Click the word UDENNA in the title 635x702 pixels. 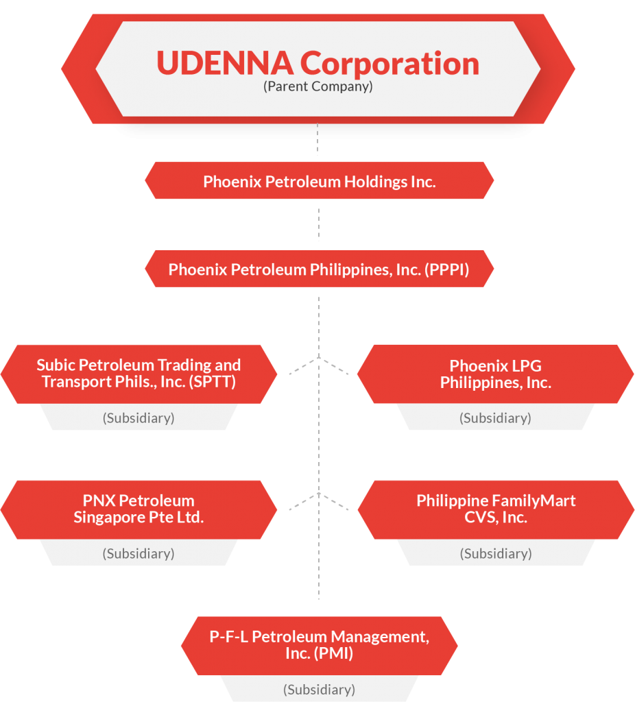[x=225, y=64]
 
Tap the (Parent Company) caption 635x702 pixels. [x=318, y=87]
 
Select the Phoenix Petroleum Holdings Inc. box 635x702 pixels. [x=319, y=182]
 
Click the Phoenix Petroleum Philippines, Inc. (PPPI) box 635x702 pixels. [x=319, y=269]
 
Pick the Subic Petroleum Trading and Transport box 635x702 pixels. [x=139, y=373]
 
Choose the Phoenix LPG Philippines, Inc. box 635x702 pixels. [x=495, y=374]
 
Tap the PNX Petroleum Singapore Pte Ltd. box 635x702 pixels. [x=139, y=509]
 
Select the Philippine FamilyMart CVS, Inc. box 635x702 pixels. [x=495, y=509]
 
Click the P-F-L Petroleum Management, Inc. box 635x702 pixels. [x=319, y=645]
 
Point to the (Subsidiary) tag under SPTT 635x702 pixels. [x=139, y=417]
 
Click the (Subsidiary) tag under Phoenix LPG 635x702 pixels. [x=495, y=417]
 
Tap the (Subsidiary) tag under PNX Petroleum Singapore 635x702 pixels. [x=139, y=553]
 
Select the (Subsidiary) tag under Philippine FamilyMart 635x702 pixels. [x=495, y=553]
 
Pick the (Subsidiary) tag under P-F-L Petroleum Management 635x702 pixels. [x=319, y=689]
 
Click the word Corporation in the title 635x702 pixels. [x=390, y=64]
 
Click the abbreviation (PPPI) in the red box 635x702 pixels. [x=446, y=269]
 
